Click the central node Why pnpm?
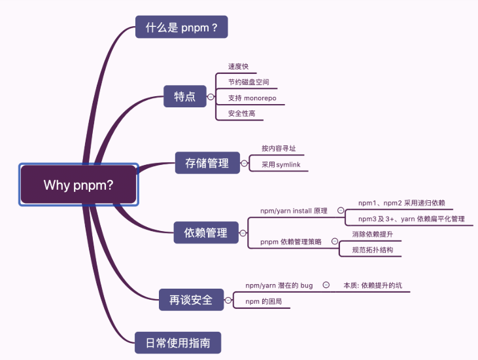click(78, 185)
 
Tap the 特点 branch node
click(184, 97)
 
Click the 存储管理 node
click(207, 162)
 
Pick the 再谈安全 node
click(191, 300)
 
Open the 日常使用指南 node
click(177, 342)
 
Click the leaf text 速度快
click(238, 67)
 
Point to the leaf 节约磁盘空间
click(248, 82)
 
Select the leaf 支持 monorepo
click(252, 98)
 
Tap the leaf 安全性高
click(241, 114)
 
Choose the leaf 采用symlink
click(281, 165)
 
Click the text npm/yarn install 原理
click(294, 211)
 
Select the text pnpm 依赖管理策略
click(291, 242)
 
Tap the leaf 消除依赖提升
click(372, 234)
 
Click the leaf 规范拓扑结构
click(372, 250)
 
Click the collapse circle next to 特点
click(211, 97)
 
